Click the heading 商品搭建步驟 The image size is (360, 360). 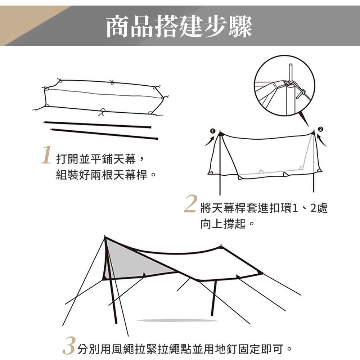pyautogui.click(x=179, y=26)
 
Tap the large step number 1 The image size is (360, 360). pyautogui.click(x=46, y=155)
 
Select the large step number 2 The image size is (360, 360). pyautogui.click(x=191, y=203)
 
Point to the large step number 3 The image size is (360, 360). pyautogui.click(x=69, y=346)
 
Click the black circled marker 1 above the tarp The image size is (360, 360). pyautogui.click(x=213, y=131)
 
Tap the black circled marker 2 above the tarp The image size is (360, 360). pyautogui.click(x=320, y=129)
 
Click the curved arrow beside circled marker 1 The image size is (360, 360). pyautogui.click(x=210, y=141)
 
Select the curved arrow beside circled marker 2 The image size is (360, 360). pyautogui.click(x=321, y=140)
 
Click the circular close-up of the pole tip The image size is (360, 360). pyautogui.click(x=284, y=86)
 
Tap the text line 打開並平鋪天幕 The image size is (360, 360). pyautogui.click(x=96, y=159)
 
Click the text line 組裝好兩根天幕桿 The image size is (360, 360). pyautogui.click(x=102, y=175)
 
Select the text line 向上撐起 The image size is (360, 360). pyautogui.click(x=223, y=224)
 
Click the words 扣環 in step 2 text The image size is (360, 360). pyautogui.click(x=280, y=208)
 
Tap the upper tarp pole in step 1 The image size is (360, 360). pyautogui.click(x=97, y=125)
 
